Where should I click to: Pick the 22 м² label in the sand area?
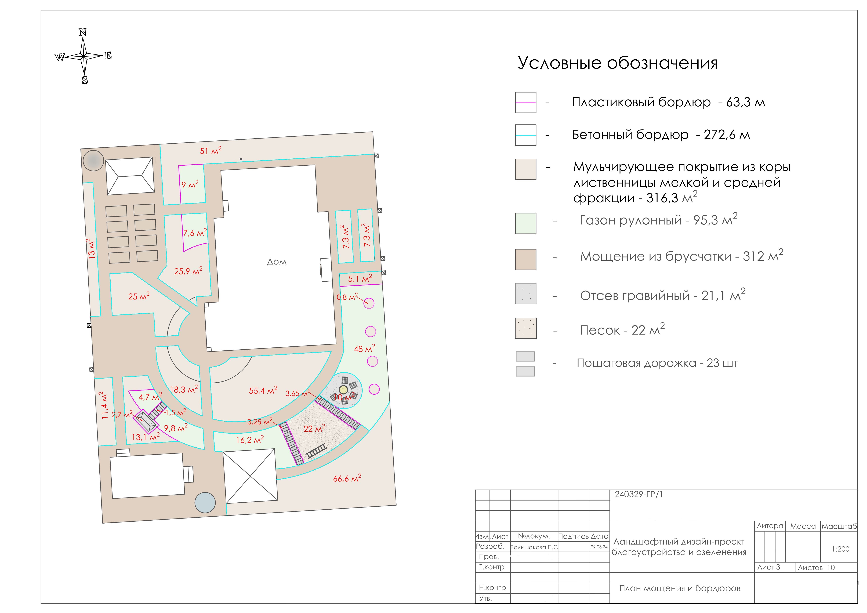point(314,428)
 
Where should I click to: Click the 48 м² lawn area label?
point(364,348)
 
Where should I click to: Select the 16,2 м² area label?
point(250,439)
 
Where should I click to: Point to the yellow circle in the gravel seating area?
point(343,389)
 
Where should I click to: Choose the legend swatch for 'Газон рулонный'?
point(526,223)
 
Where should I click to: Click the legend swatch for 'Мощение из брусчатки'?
point(526,259)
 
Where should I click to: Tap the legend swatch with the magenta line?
point(526,102)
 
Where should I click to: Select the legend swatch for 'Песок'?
point(526,328)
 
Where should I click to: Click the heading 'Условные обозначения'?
point(617,63)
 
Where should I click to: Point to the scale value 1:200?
point(841,549)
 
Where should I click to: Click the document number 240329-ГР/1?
point(639,494)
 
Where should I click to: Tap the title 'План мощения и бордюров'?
point(680,588)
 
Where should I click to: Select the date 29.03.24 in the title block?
point(599,546)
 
